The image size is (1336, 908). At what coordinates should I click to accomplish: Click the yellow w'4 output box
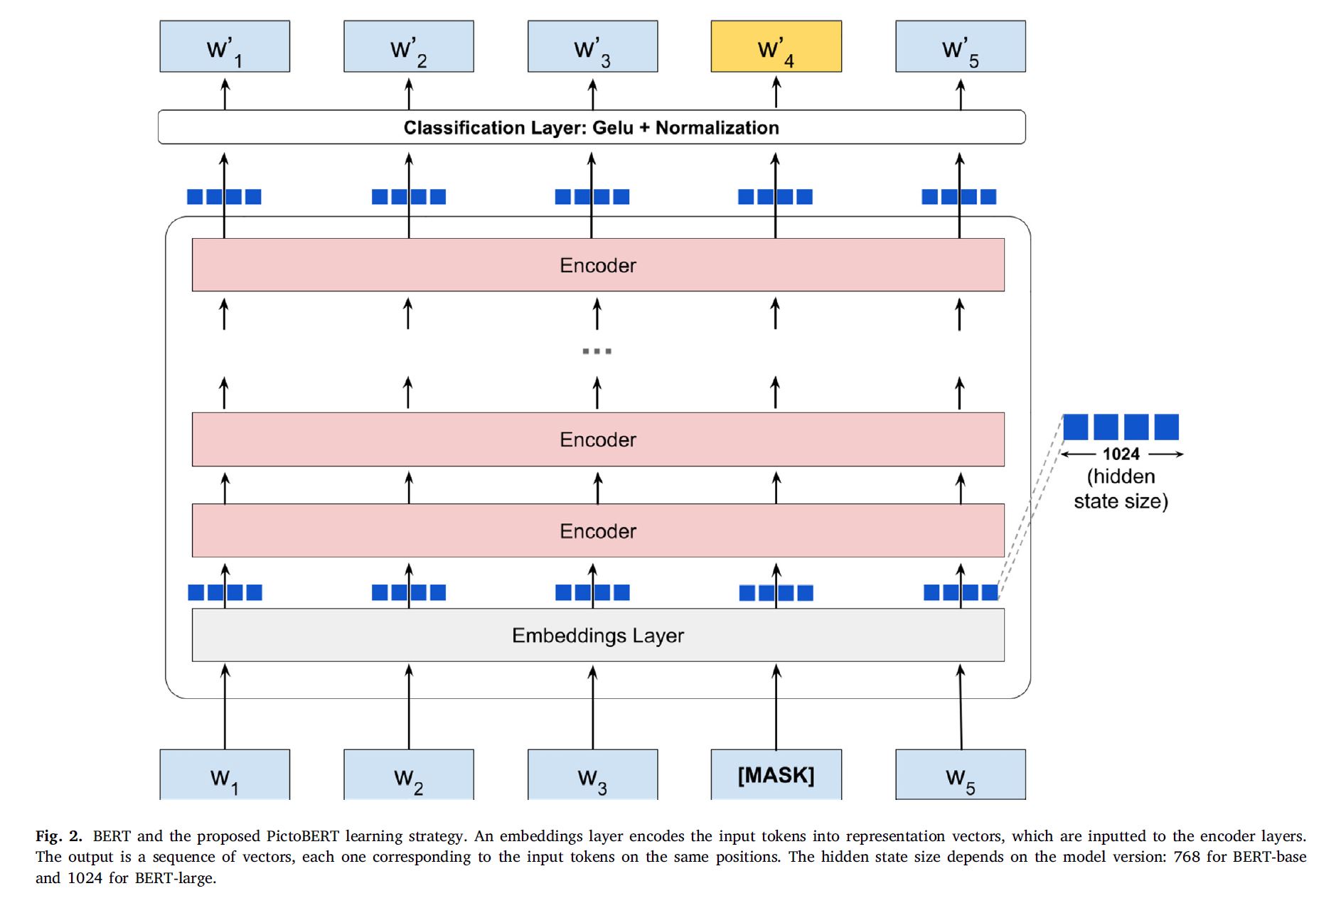776,47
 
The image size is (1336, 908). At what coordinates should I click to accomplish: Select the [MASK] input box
776,774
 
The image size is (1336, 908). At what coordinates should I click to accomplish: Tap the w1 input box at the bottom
225,776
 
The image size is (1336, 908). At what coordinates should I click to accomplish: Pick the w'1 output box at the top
225,47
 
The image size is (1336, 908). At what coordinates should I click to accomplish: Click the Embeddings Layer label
597,635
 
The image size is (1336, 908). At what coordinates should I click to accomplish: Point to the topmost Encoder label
597,265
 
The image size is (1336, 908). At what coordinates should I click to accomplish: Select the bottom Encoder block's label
597,531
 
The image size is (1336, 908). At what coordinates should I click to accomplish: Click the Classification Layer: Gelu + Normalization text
591,128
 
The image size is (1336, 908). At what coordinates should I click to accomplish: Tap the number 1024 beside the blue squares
1121,454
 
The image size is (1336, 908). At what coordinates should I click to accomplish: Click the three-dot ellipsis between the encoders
597,351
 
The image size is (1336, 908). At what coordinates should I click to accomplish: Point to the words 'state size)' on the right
1121,501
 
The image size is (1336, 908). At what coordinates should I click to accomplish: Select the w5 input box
960,776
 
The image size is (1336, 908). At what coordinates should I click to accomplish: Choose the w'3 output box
592,47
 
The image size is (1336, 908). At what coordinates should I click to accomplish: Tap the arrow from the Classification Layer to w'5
961,95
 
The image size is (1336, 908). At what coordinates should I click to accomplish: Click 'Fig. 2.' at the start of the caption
59,836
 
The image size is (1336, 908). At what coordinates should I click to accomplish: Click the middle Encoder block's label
597,439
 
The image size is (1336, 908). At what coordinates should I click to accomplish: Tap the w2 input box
409,776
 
